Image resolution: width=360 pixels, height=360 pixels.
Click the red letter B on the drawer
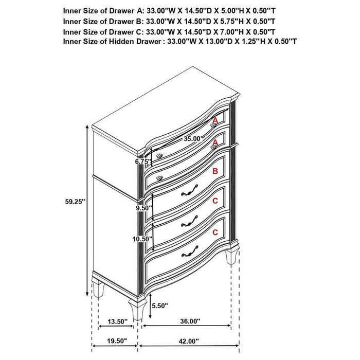[215, 172]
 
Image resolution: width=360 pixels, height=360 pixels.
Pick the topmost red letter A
[215, 120]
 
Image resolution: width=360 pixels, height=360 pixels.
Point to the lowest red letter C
[215, 232]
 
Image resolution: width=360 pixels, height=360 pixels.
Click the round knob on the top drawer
[214, 124]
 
